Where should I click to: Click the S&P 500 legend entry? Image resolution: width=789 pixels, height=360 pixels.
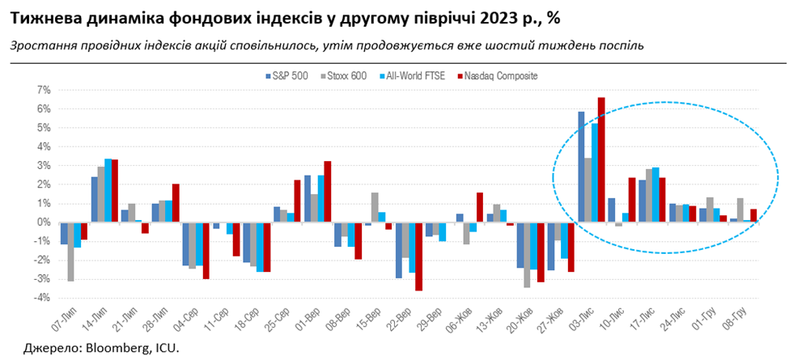coord(290,76)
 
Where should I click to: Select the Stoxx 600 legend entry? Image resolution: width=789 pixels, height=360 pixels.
coord(349,76)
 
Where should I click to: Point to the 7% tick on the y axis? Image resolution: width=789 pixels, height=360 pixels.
coord(44,90)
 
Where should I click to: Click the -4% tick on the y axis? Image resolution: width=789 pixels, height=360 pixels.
coord(42,298)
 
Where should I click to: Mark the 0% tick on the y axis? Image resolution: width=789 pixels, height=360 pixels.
coord(44,222)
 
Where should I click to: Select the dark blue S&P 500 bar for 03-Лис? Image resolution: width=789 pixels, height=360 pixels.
coord(581,167)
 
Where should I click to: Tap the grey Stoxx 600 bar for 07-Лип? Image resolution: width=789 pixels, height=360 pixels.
coord(71,252)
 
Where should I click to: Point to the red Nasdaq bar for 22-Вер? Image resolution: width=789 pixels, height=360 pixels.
coord(418,256)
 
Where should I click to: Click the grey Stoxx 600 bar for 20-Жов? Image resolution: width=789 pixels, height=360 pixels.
coord(527,255)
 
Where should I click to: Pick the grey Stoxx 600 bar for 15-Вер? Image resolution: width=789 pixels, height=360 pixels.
coord(375,207)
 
